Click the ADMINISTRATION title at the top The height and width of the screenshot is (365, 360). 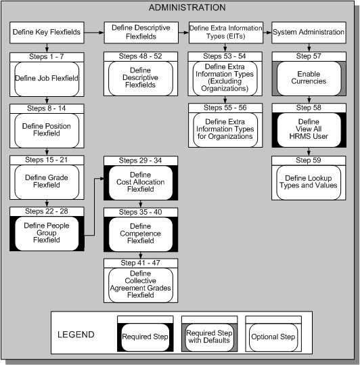tap(187, 7)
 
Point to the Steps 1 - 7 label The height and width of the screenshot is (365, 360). tap(47, 57)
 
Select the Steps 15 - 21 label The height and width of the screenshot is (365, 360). tap(47, 159)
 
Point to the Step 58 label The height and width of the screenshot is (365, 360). tap(309, 107)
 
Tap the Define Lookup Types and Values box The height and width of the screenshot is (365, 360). tap(309, 181)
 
